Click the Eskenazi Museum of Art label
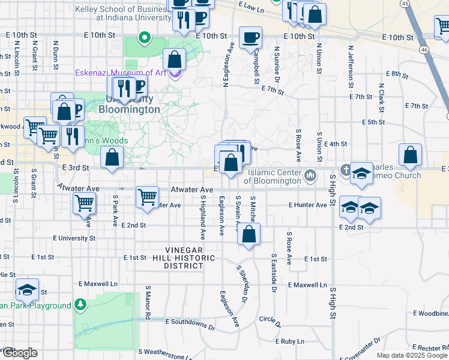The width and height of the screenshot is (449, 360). [120, 73]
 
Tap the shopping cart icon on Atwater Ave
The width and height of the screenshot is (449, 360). [147, 197]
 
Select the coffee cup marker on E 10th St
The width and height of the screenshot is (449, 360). [250, 37]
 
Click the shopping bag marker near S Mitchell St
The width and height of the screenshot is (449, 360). [249, 234]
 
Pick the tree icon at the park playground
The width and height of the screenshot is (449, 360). [80, 305]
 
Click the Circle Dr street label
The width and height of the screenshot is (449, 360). [270, 319]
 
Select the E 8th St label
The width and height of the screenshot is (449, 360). [393, 74]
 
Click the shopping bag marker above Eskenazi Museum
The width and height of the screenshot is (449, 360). [174, 59]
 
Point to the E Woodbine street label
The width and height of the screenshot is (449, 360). [430, 313]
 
